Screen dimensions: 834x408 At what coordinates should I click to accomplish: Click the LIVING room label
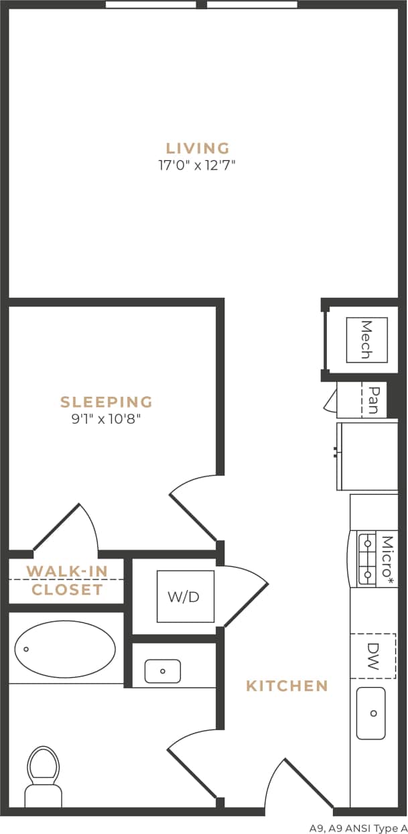click(198, 148)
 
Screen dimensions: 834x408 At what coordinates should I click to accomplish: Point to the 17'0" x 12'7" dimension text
click(197, 165)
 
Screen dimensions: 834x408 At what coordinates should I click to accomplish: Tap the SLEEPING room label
click(107, 402)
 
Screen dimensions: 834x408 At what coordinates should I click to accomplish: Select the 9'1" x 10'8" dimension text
click(107, 420)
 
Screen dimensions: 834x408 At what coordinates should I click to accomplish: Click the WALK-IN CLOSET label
click(67, 581)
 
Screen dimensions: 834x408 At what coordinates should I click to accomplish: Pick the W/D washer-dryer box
click(185, 596)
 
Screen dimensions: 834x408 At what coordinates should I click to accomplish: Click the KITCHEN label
click(287, 686)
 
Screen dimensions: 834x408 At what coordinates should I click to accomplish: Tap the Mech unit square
click(366, 340)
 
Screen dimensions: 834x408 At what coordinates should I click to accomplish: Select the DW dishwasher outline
click(373, 656)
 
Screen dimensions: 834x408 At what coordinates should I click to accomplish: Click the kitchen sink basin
click(371, 713)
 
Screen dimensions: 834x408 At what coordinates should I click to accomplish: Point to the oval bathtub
click(65, 649)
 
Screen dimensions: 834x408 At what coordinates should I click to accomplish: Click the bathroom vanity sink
click(163, 670)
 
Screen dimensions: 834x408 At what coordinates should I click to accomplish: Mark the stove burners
click(367, 558)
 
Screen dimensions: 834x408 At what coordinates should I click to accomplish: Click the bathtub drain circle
click(27, 649)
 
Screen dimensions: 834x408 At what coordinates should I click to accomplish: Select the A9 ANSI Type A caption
click(358, 827)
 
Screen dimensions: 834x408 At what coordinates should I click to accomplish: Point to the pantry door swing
click(330, 401)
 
